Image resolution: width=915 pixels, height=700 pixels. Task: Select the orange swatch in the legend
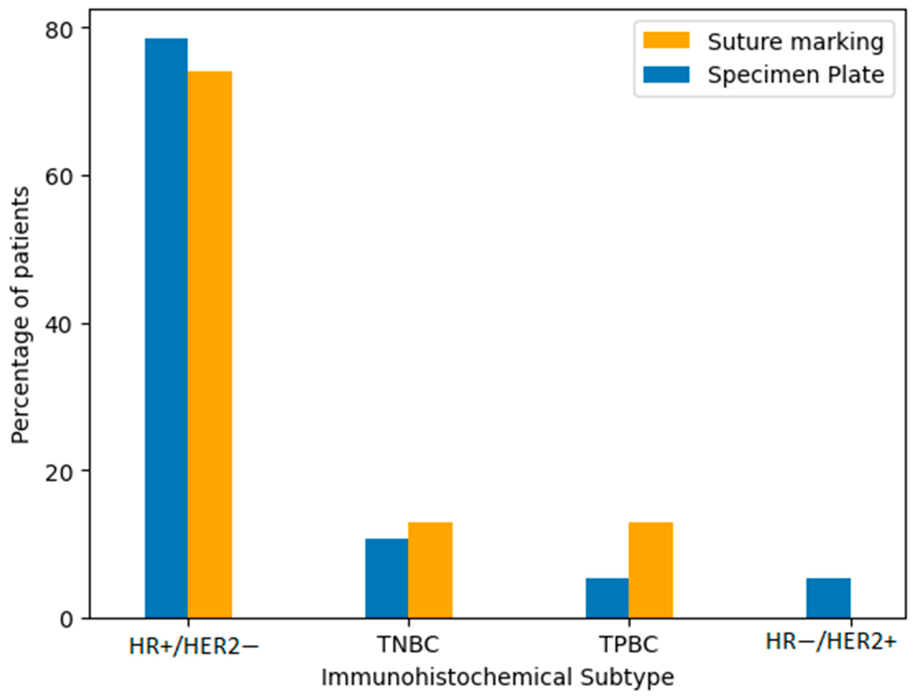tap(666, 41)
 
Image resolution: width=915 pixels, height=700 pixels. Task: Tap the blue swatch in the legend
tap(666, 75)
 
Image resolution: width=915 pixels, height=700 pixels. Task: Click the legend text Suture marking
tap(795, 42)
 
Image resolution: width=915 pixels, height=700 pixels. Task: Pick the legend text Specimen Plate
tap(795, 75)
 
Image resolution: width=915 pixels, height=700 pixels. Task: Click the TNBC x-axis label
tap(408, 645)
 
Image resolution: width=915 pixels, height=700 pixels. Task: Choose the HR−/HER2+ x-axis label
tap(831, 642)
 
